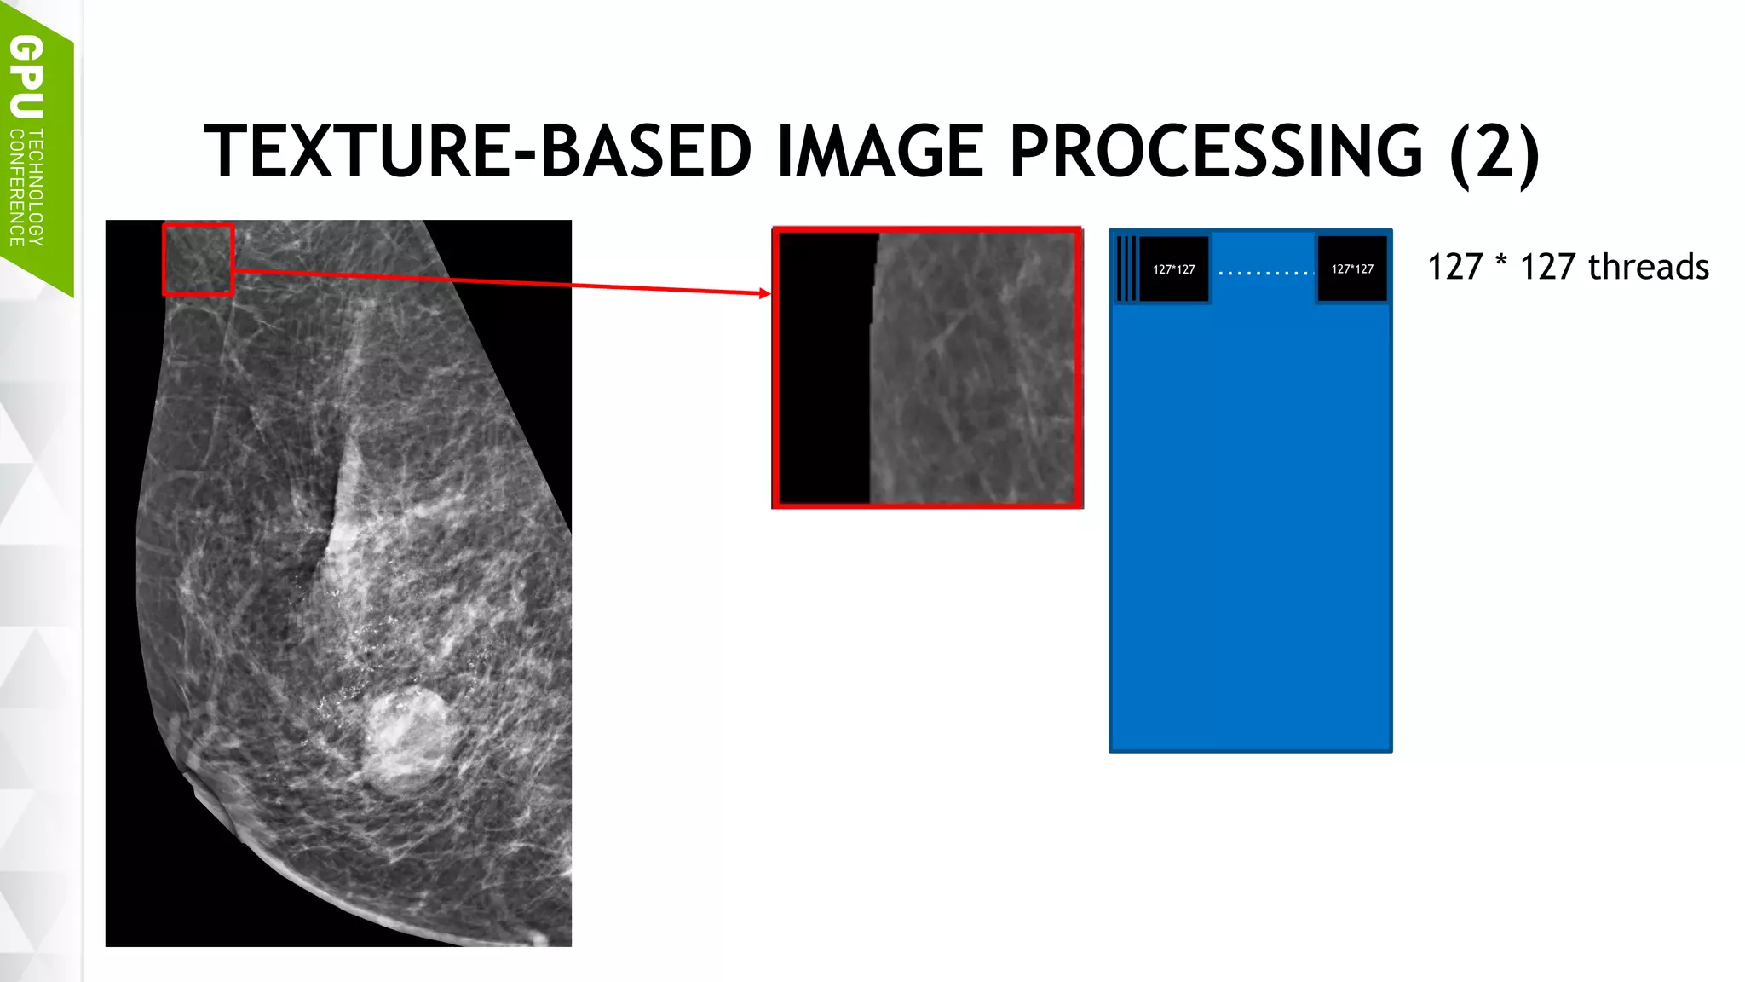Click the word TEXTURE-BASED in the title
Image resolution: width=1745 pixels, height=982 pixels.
[x=477, y=152]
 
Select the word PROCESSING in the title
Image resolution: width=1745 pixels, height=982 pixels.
[x=1215, y=152]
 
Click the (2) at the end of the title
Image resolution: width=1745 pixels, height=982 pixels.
[x=1494, y=152]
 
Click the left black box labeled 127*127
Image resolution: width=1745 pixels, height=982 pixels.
[x=1173, y=269]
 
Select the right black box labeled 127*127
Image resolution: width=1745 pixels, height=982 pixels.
[x=1352, y=269]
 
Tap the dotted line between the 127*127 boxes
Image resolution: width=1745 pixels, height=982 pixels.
[x=1264, y=273]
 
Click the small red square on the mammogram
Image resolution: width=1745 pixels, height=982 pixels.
[x=198, y=259]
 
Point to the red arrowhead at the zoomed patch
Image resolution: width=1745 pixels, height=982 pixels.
[x=764, y=293]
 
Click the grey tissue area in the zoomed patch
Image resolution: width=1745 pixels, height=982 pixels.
[x=971, y=367]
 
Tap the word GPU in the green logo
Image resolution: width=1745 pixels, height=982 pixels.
[x=26, y=77]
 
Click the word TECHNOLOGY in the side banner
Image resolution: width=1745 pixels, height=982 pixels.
[x=36, y=188]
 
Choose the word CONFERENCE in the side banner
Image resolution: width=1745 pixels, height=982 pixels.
[x=16, y=188]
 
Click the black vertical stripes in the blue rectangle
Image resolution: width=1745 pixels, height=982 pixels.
[x=1126, y=269]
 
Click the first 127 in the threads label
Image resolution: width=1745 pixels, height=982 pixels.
[x=1455, y=267]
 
